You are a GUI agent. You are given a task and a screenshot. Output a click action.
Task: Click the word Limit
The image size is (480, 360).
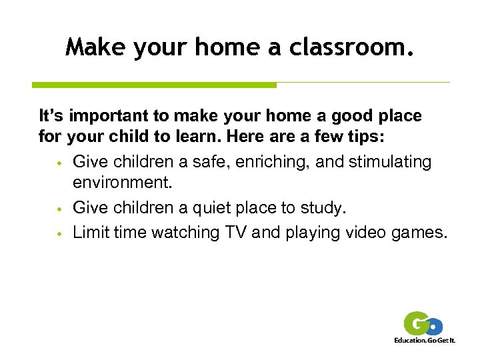click(x=91, y=232)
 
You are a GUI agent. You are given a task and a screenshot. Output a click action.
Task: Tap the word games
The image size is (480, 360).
click(x=420, y=232)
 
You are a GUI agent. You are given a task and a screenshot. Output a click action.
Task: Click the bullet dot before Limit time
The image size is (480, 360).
click(x=59, y=233)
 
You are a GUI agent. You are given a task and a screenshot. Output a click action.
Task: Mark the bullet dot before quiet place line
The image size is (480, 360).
click(x=59, y=210)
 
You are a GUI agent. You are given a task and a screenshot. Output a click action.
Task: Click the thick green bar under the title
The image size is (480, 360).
click(x=154, y=85)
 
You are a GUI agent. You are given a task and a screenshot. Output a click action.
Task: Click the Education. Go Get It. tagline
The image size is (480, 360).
click(x=424, y=340)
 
